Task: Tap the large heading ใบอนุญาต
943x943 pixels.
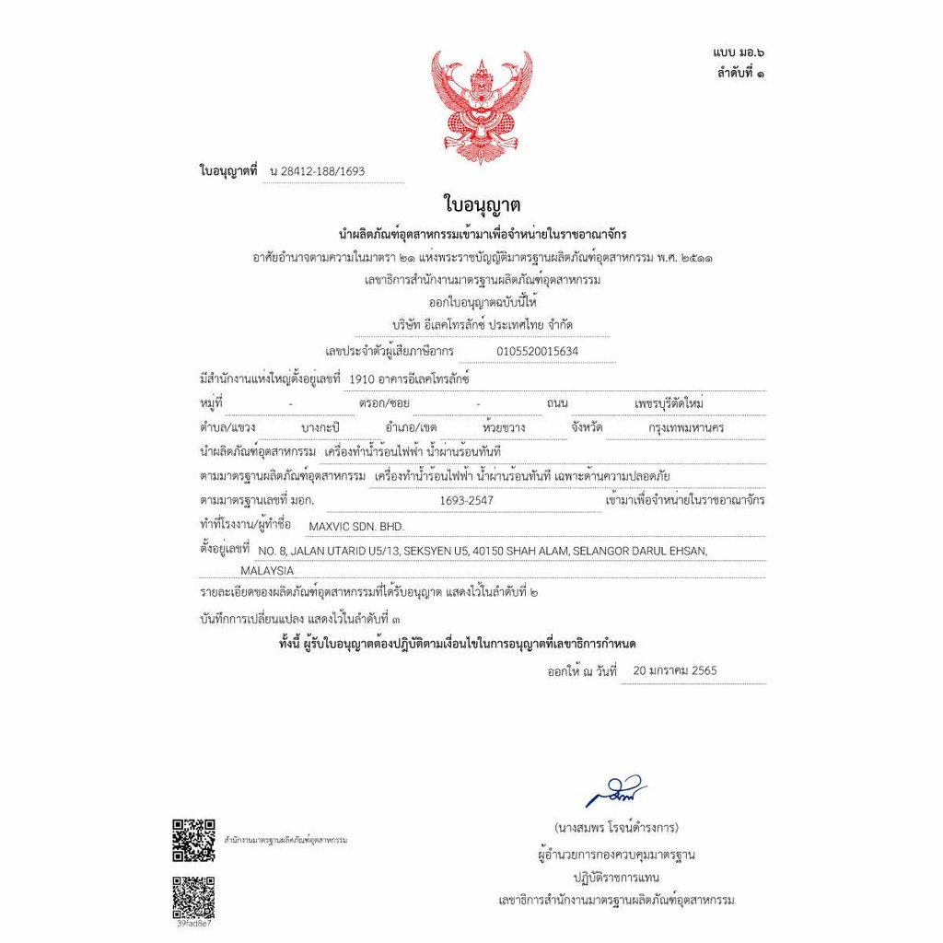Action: pyautogui.click(x=476, y=204)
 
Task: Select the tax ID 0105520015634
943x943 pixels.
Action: pyautogui.click(x=537, y=351)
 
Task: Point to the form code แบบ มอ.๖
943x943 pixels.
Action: pyautogui.click(x=737, y=56)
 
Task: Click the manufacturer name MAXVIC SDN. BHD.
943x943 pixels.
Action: pyautogui.click(x=355, y=526)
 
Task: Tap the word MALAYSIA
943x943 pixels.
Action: pyautogui.click(x=267, y=571)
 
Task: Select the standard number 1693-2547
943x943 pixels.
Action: pyautogui.click(x=468, y=500)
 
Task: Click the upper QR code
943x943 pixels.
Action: pyautogui.click(x=193, y=839)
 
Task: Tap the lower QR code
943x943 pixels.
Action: pyautogui.click(x=193, y=895)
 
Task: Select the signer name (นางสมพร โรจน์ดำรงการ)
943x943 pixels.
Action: pyautogui.click(x=617, y=827)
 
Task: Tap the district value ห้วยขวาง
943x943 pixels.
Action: pyautogui.click(x=504, y=428)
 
